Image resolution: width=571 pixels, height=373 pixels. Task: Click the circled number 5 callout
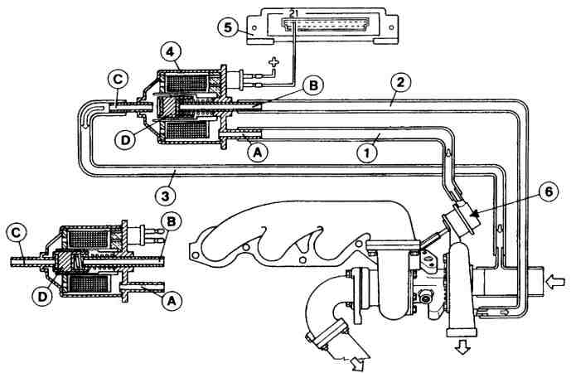pyautogui.click(x=228, y=27)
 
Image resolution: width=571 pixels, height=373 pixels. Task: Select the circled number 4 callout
pyautogui.click(x=170, y=53)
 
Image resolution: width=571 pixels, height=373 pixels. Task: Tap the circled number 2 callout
pyautogui.click(x=400, y=83)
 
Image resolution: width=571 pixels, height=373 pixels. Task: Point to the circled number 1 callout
pyautogui.click(x=367, y=153)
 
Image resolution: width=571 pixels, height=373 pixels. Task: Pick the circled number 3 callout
pyautogui.click(x=165, y=196)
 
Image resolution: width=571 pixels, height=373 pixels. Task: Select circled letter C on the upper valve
pyautogui.click(x=118, y=81)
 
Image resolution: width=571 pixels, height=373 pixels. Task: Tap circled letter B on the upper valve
pyautogui.click(x=313, y=85)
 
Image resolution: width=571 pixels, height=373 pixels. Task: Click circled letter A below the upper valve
pyautogui.click(x=257, y=153)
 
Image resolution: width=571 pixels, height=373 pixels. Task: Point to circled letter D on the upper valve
pyautogui.click(x=125, y=140)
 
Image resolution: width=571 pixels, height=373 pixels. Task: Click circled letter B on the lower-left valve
pyautogui.click(x=171, y=222)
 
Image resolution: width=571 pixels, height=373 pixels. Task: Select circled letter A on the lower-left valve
pyautogui.click(x=172, y=301)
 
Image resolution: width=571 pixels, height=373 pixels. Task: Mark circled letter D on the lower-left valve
pyautogui.click(x=43, y=297)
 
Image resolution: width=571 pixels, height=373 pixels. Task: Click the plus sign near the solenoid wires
pyautogui.click(x=273, y=62)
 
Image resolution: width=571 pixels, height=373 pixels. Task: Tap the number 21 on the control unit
pyautogui.click(x=294, y=14)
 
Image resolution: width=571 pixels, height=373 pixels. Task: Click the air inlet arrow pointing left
pyautogui.click(x=556, y=283)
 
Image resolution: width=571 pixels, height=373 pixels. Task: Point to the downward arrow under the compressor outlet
pyautogui.click(x=462, y=346)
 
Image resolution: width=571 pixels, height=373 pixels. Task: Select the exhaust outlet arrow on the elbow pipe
pyautogui.click(x=359, y=364)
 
